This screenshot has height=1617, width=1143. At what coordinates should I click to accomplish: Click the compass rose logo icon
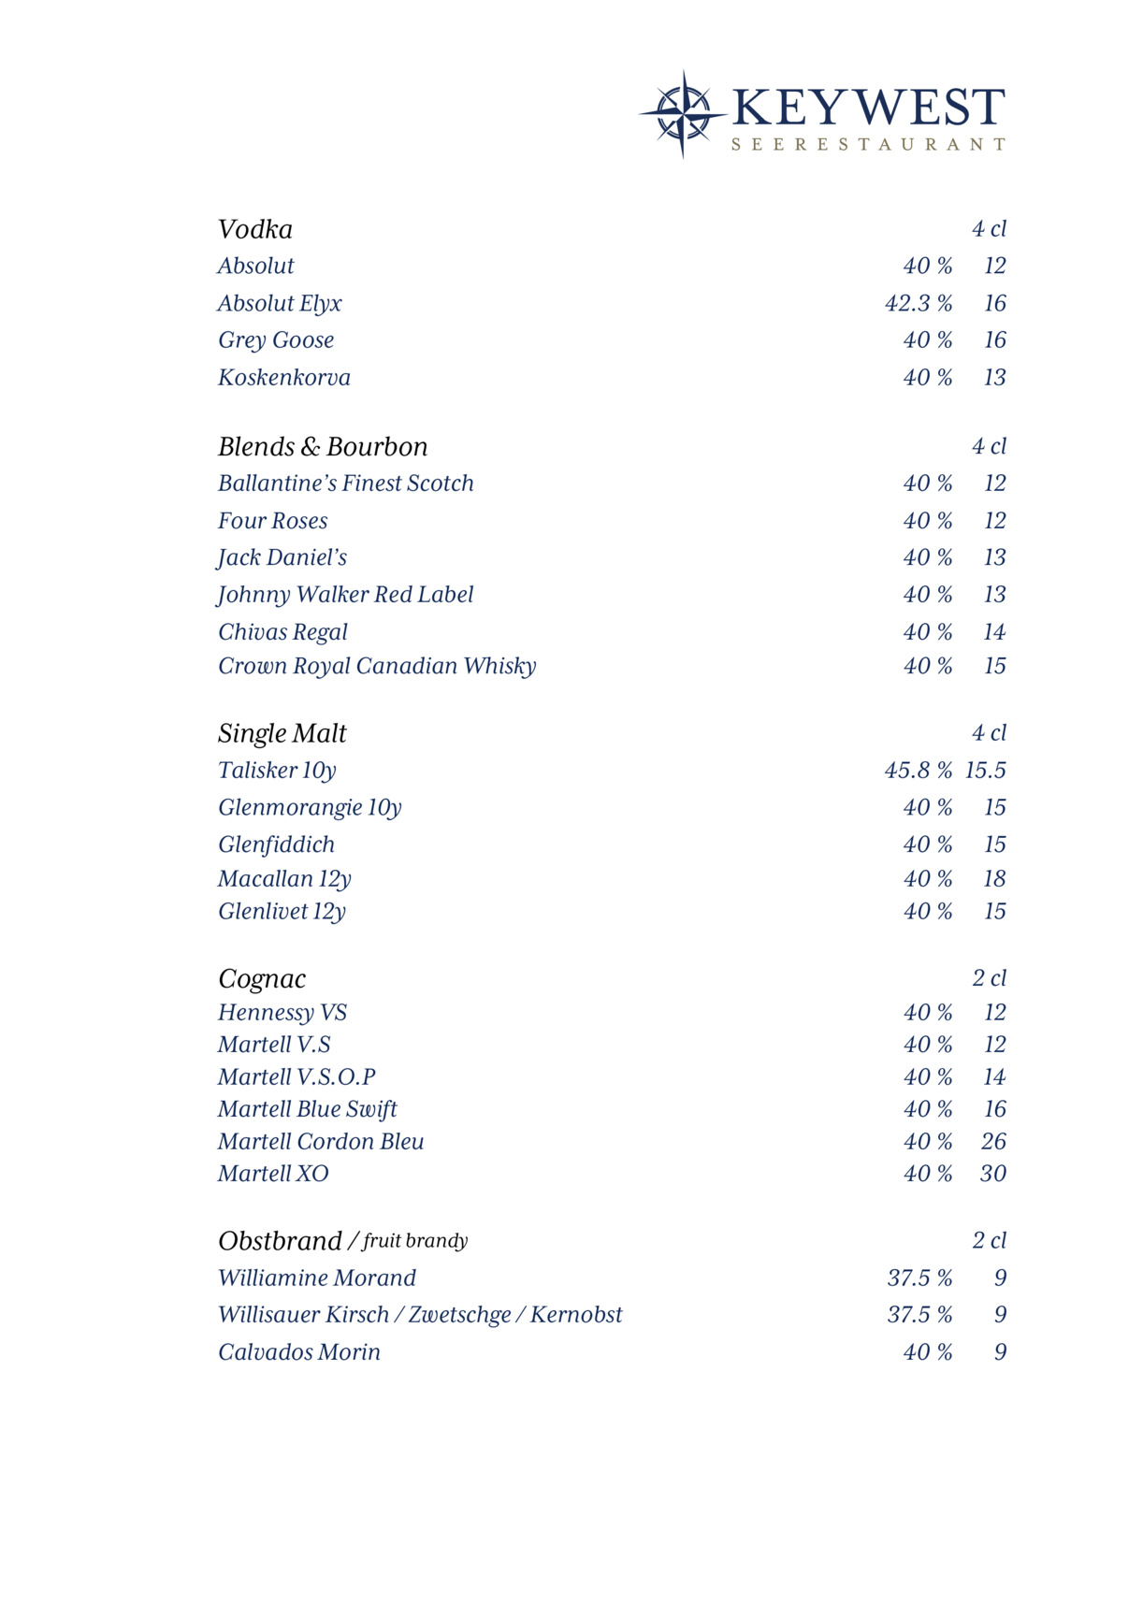683,114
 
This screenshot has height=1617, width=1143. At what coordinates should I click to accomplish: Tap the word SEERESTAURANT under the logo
868,145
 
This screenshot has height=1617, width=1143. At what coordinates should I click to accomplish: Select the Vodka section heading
255,229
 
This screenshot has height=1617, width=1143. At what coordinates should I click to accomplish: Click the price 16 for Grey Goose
994,340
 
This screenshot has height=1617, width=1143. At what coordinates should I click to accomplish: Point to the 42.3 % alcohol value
919,304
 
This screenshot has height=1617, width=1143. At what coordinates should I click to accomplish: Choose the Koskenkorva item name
284,378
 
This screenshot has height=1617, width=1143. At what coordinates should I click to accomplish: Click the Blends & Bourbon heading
323,447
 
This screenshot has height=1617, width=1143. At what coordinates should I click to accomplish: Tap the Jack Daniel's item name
282,558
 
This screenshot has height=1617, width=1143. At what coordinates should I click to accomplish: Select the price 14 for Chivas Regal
994,632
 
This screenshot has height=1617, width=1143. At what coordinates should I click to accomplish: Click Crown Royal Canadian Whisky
377,666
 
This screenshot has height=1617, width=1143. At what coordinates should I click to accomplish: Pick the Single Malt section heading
282,733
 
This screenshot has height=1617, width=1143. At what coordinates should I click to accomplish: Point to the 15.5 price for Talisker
986,771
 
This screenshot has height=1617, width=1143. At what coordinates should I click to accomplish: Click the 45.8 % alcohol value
919,771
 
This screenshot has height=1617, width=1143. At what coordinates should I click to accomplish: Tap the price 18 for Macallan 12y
994,879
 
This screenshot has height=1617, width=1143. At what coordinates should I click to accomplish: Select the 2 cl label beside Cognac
989,978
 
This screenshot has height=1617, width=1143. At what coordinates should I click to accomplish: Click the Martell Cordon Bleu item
321,1142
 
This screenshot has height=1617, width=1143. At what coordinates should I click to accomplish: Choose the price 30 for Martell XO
993,1174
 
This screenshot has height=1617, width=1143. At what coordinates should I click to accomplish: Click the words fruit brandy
415,1241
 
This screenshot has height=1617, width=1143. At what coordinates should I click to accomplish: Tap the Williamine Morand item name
317,1278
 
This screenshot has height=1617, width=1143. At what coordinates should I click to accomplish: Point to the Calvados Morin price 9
1000,1352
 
